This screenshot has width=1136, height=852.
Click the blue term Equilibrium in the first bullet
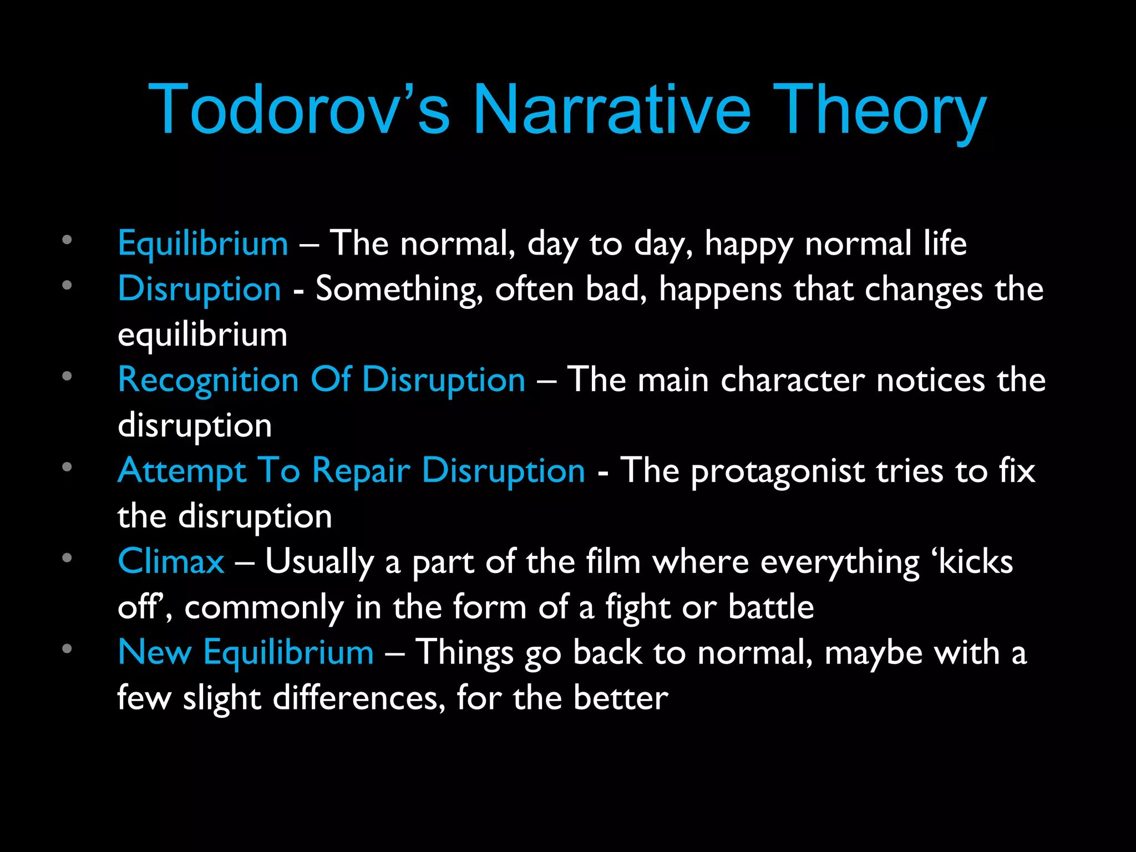(x=203, y=244)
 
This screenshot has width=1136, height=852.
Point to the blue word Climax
(x=171, y=561)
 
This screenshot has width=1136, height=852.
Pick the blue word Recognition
(x=209, y=381)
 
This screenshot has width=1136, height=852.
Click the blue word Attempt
(x=181, y=471)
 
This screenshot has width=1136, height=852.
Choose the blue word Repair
(x=361, y=471)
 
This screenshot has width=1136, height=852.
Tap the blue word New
(x=155, y=652)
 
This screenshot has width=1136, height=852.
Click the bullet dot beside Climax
(x=67, y=557)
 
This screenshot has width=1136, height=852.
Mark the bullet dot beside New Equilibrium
(x=67, y=648)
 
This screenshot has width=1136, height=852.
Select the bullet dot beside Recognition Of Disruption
(x=67, y=376)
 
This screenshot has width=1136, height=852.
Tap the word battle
(x=771, y=607)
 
